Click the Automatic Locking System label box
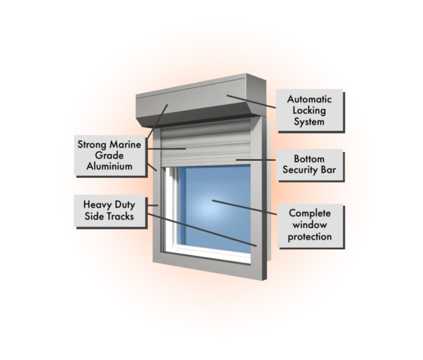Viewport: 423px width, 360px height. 309,111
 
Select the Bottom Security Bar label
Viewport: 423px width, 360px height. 309,165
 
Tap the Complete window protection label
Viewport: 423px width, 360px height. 310,225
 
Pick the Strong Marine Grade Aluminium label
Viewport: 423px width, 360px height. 109,156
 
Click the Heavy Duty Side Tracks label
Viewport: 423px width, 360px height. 109,210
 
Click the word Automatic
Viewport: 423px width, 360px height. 310,100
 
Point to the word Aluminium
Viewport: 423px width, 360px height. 109,167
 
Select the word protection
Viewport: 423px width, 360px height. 310,237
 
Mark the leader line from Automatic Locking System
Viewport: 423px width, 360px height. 251,101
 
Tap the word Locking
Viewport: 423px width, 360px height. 310,111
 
